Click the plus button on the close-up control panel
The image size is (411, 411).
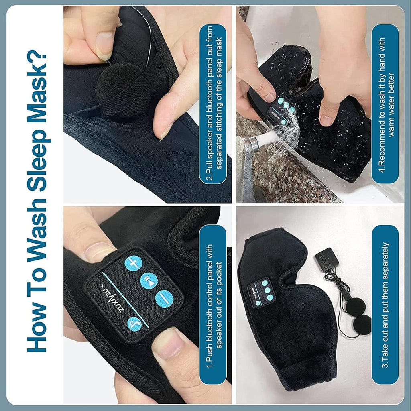133,263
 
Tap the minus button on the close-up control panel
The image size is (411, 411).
164,299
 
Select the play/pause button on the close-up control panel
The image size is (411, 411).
149,281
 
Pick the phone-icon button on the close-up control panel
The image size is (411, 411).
134,324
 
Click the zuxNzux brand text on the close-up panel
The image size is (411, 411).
112,298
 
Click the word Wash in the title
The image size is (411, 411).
37,231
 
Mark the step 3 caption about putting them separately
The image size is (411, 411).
385,305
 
